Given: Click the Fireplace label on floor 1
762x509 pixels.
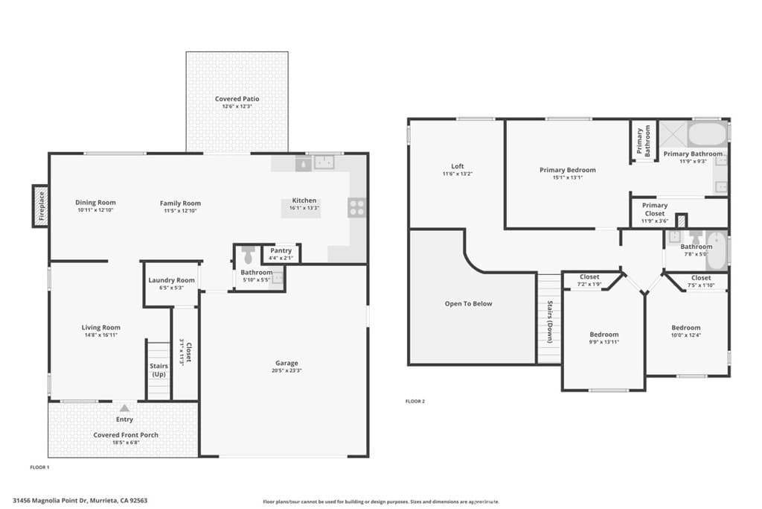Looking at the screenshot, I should point(42,206).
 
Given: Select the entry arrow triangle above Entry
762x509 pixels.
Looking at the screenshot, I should point(124,408).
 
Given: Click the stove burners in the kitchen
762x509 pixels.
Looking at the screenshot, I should point(356,207).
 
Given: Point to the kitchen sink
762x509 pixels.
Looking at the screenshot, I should point(323,162).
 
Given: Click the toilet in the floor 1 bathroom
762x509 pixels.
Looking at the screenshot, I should point(249,254).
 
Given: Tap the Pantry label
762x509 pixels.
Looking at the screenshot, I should point(281,250).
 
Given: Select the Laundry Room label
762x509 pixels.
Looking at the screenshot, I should point(171,280).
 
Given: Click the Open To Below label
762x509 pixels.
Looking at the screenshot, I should point(468,303).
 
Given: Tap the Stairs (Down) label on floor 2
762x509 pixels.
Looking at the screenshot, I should point(550,320).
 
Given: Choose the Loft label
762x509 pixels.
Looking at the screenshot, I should point(458,166).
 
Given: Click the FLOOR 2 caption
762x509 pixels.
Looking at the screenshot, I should point(414,401).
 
